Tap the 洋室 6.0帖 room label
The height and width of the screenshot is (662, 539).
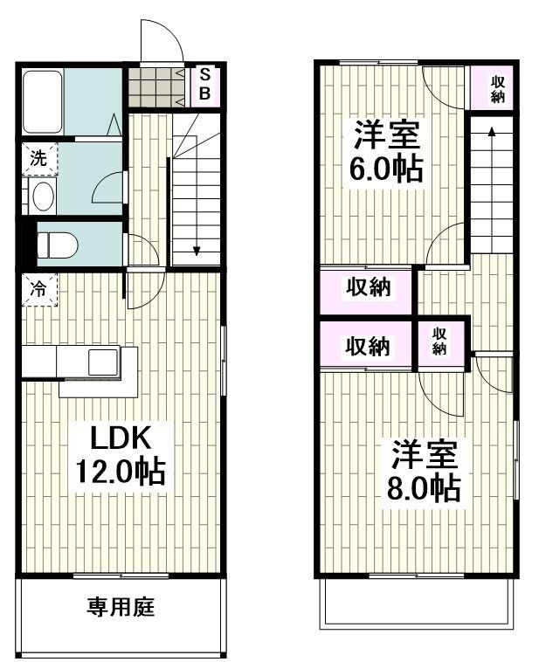386,150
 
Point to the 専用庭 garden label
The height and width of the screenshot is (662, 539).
121,605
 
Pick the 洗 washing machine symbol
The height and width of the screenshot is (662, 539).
39,158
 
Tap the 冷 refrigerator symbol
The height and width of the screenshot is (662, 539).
39,288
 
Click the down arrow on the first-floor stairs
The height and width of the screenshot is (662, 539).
197,249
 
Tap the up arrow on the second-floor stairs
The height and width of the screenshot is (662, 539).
492,133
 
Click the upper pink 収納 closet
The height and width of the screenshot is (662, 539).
367,287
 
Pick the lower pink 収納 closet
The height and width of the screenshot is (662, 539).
367,346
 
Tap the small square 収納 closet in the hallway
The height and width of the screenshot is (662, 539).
439,341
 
